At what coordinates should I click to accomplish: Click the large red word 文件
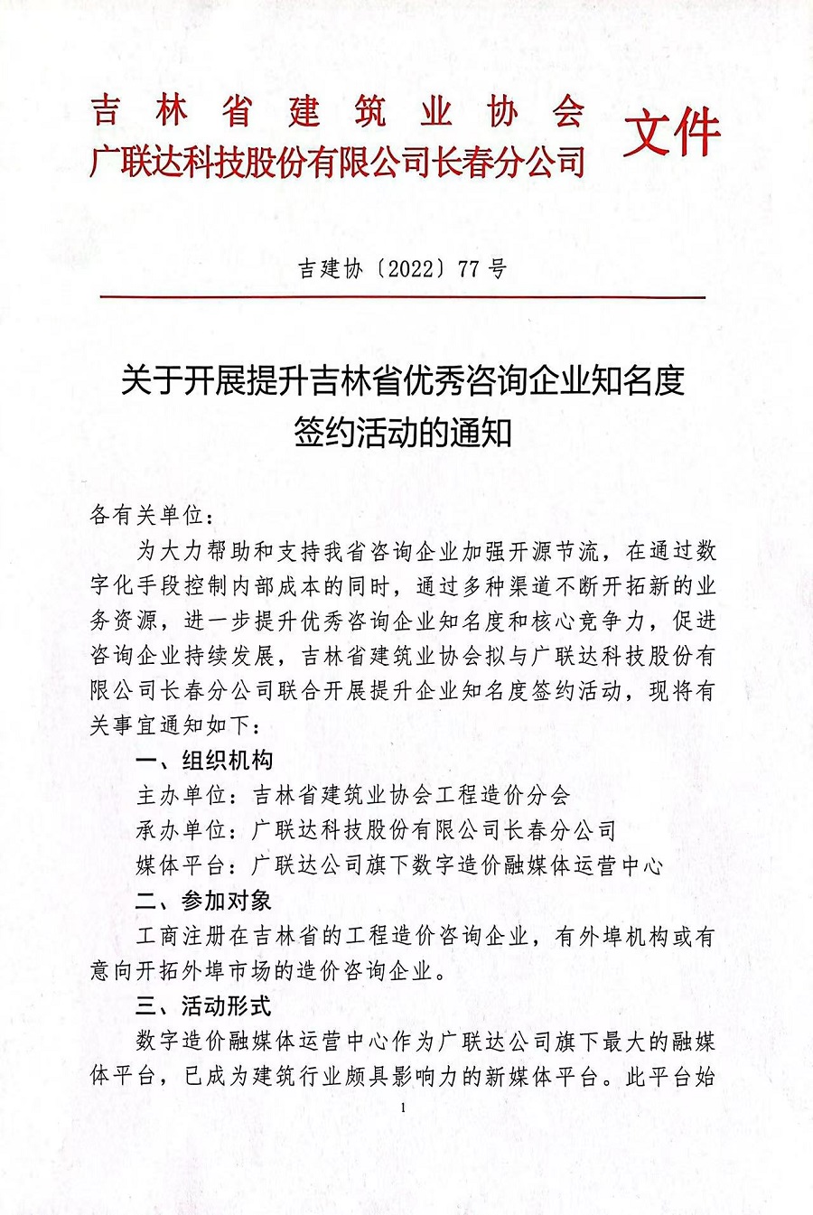coord(672,133)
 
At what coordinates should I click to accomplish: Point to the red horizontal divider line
coord(402,296)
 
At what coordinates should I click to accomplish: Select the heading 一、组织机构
coord(203,760)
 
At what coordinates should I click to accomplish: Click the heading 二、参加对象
coord(203,901)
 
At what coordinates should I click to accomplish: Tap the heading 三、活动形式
coord(203,1006)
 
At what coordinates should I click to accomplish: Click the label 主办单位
coord(181,795)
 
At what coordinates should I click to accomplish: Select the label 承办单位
coord(181,830)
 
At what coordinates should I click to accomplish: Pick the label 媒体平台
coord(181,865)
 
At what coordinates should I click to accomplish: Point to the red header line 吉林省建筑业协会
coord(338,113)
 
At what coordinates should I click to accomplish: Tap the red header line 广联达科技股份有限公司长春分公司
coord(338,163)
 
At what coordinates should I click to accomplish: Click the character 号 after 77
coord(497,269)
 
